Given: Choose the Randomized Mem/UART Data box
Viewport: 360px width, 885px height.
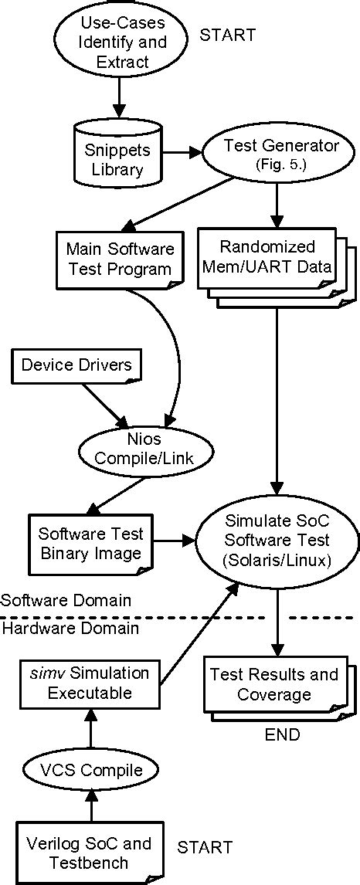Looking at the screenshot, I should [x=267, y=258].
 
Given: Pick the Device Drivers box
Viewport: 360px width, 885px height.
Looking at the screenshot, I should [x=76, y=364].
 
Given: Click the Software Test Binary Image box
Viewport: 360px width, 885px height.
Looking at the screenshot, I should [x=90, y=543].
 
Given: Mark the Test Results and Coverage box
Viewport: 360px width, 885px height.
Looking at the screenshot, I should [x=274, y=683].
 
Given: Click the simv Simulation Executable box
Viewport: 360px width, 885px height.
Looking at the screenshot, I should [x=90, y=683].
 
